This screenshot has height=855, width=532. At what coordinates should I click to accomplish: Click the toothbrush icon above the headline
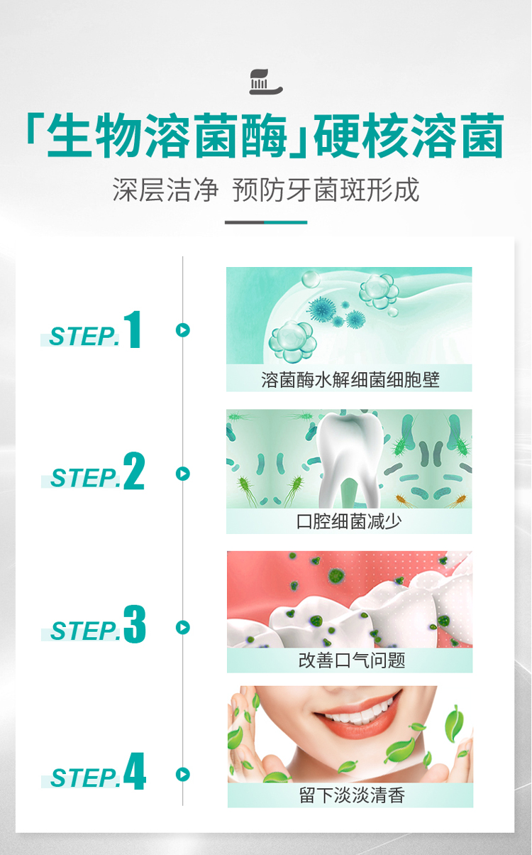[266, 82]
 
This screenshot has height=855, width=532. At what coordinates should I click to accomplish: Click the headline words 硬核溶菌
[409, 136]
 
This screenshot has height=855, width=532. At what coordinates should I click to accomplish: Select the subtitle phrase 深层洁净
[165, 190]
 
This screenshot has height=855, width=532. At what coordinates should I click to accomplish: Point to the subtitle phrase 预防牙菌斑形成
[326, 190]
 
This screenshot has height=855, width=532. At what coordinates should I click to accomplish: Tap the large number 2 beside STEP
[134, 470]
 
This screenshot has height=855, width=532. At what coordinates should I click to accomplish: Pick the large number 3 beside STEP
[135, 623]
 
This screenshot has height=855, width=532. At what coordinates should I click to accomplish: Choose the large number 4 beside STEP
[135, 770]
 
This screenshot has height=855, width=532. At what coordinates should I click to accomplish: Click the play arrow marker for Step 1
[183, 330]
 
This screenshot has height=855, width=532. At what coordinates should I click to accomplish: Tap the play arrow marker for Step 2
[183, 474]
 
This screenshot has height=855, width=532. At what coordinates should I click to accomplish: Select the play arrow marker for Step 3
[183, 627]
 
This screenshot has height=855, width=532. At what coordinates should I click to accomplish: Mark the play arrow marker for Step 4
[183, 775]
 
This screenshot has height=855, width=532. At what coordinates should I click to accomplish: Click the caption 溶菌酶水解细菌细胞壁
[350, 380]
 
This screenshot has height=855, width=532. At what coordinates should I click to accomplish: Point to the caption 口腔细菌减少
[349, 521]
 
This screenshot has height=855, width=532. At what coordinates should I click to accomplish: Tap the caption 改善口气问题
[352, 660]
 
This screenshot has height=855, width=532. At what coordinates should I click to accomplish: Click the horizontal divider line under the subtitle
[266, 222]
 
